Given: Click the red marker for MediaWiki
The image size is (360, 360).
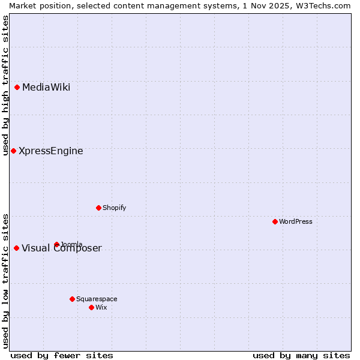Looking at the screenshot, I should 17,88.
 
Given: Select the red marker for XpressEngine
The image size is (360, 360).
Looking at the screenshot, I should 13,151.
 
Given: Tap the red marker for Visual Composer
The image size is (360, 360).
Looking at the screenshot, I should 16,248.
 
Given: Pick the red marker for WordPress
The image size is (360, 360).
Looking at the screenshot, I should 275,221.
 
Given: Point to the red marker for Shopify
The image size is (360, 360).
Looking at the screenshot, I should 98,208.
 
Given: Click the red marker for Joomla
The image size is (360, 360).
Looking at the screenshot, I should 56,244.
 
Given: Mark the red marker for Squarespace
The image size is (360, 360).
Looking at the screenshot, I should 72,299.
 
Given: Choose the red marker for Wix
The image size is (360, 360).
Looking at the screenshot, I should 91,307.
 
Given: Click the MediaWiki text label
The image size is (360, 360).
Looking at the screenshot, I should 46,88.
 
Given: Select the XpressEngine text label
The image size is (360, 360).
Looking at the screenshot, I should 51,151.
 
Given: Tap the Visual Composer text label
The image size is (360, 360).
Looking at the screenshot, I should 62,248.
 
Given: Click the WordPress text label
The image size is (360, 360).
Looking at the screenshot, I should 296,221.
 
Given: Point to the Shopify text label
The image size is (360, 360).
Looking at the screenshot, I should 114,208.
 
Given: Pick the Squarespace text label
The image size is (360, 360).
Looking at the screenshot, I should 97,299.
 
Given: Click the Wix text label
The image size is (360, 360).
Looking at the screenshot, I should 101,307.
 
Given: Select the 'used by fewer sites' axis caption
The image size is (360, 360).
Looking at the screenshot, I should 62,355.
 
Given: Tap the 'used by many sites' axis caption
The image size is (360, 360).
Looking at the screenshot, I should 301,355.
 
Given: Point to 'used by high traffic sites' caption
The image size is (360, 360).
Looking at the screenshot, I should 5,85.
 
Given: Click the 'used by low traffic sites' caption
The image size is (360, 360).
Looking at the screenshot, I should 5,281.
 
